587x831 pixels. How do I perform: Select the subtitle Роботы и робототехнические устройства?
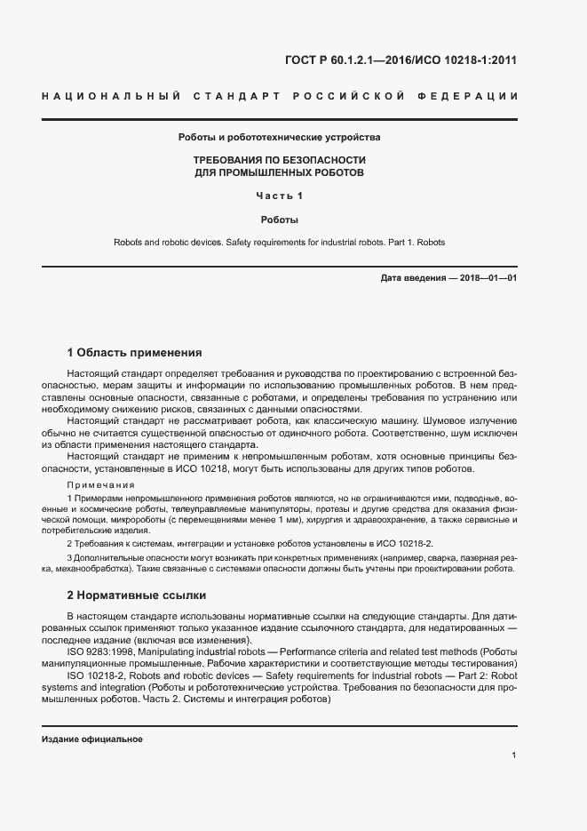[x=279, y=138]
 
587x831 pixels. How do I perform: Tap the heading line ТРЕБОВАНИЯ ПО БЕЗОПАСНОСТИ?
[x=279, y=159]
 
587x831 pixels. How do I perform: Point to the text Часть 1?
[x=279, y=196]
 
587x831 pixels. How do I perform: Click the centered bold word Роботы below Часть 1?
[x=279, y=219]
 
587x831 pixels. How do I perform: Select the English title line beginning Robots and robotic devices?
[x=279, y=242]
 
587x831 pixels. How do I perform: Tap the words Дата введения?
[x=413, y=278]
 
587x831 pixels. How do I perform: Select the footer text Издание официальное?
[x=92, y=739]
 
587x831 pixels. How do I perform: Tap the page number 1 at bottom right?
[x=514, y=755]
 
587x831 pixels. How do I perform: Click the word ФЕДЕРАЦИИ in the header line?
[x=472, y=95]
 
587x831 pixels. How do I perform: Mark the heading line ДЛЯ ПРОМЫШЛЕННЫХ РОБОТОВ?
[x=279, y=172]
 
